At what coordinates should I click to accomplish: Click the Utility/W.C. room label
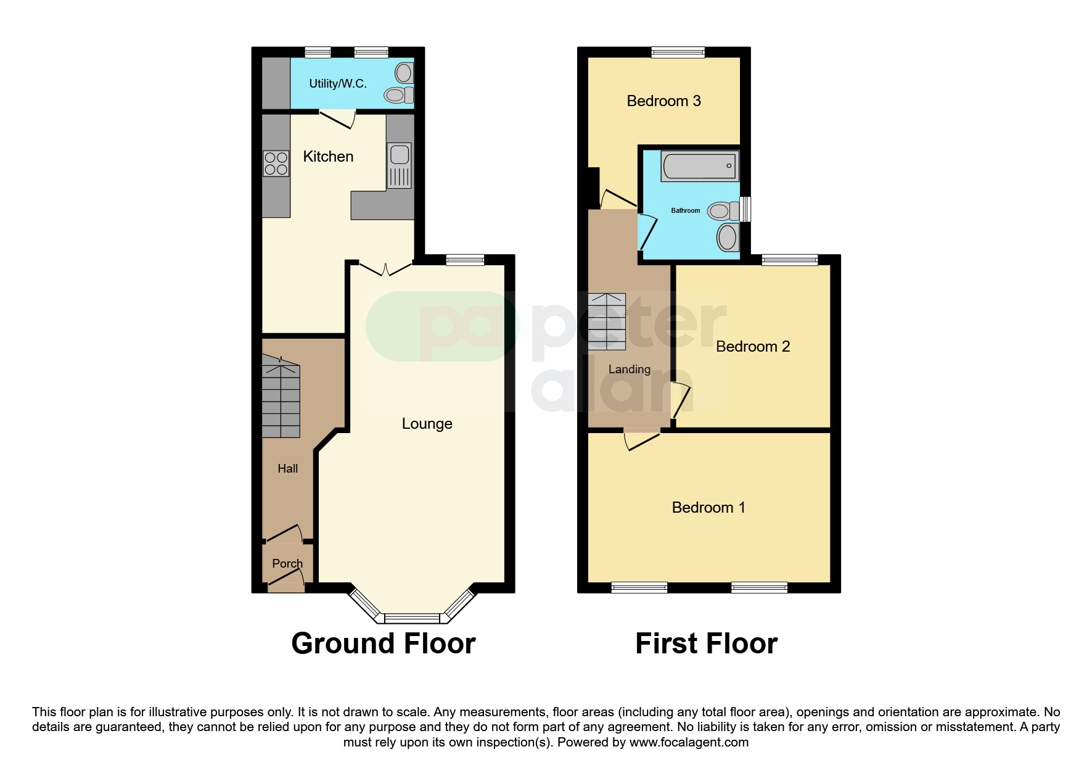337,84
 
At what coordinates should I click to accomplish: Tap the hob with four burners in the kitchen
276,163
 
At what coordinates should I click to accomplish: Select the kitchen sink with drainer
400,165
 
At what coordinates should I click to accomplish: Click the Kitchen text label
328,157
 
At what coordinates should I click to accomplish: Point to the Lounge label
427,424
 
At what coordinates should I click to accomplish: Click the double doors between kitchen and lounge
385,269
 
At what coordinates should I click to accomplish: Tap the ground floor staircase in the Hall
281,400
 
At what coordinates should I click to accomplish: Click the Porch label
287,563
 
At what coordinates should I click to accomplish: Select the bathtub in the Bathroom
700,165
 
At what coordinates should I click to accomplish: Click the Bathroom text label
685,211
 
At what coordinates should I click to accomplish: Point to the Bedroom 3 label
663,101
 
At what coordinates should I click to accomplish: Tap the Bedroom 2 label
752,347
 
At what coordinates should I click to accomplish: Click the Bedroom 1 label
708,508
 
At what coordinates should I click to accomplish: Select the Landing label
629,370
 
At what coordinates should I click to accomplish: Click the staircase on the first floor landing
607,321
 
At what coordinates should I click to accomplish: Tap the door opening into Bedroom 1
642,439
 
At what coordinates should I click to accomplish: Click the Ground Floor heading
383,643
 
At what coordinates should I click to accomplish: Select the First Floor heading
706,643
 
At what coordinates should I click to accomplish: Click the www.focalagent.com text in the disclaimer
689,743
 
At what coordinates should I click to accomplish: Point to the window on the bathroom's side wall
746,209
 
